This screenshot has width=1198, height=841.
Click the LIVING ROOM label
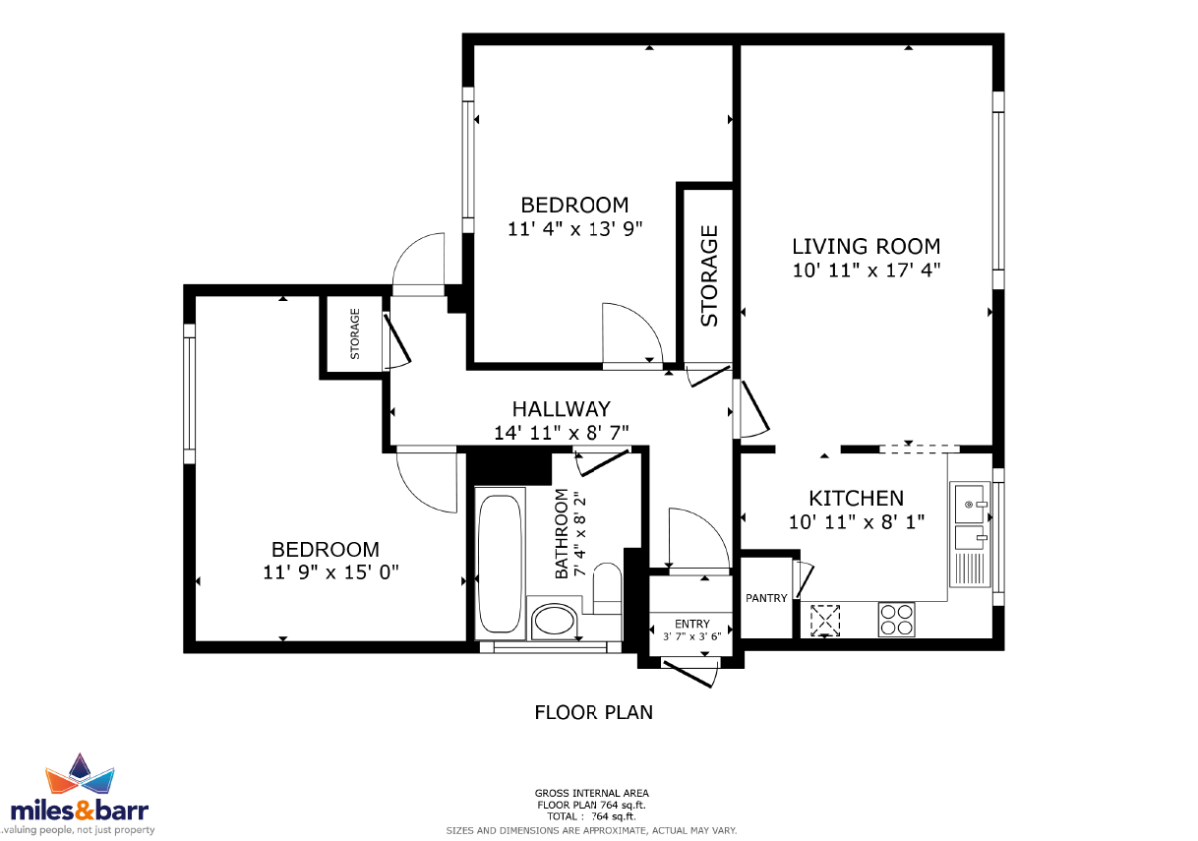coord(866,247)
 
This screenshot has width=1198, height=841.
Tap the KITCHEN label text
coord(857,499)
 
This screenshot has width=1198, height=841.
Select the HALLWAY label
coord(561,409)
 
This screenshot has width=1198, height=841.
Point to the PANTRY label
coord(766,598)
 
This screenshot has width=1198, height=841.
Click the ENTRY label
coord(692,624)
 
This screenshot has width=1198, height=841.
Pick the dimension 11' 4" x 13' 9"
coord(574,229)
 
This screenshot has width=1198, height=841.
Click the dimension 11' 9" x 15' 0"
coord(330,572)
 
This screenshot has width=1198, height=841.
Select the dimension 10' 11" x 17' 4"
coord(866,270)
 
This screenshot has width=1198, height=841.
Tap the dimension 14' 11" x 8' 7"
coord(561,433)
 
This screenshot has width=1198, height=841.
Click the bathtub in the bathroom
coord(500,564)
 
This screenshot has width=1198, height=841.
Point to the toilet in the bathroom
coord(607,588)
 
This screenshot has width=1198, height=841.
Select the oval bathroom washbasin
coord(555,622)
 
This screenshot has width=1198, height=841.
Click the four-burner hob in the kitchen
coord(896,620)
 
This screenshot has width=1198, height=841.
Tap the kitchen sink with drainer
coord(970,533)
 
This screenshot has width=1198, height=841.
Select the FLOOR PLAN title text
coord(594,712)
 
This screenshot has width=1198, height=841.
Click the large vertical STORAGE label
coord(709,276)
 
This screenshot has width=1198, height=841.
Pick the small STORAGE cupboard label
coord(355,333)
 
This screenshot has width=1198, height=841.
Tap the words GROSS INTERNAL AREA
coord(591,793)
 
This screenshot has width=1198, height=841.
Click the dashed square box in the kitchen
coord(825,621)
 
